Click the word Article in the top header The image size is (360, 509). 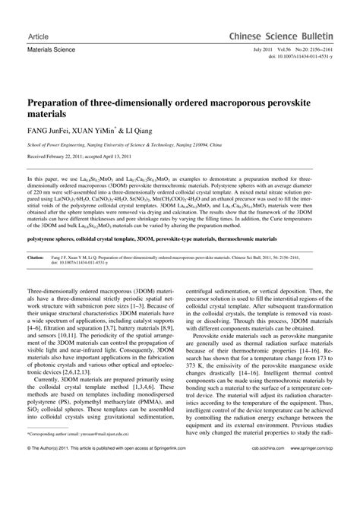(x=37, y=36)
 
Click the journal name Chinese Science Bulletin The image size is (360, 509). (x=292, y=36)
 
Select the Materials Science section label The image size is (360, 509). (x=49, y=49)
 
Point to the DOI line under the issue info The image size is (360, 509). (x=304, y=55)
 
